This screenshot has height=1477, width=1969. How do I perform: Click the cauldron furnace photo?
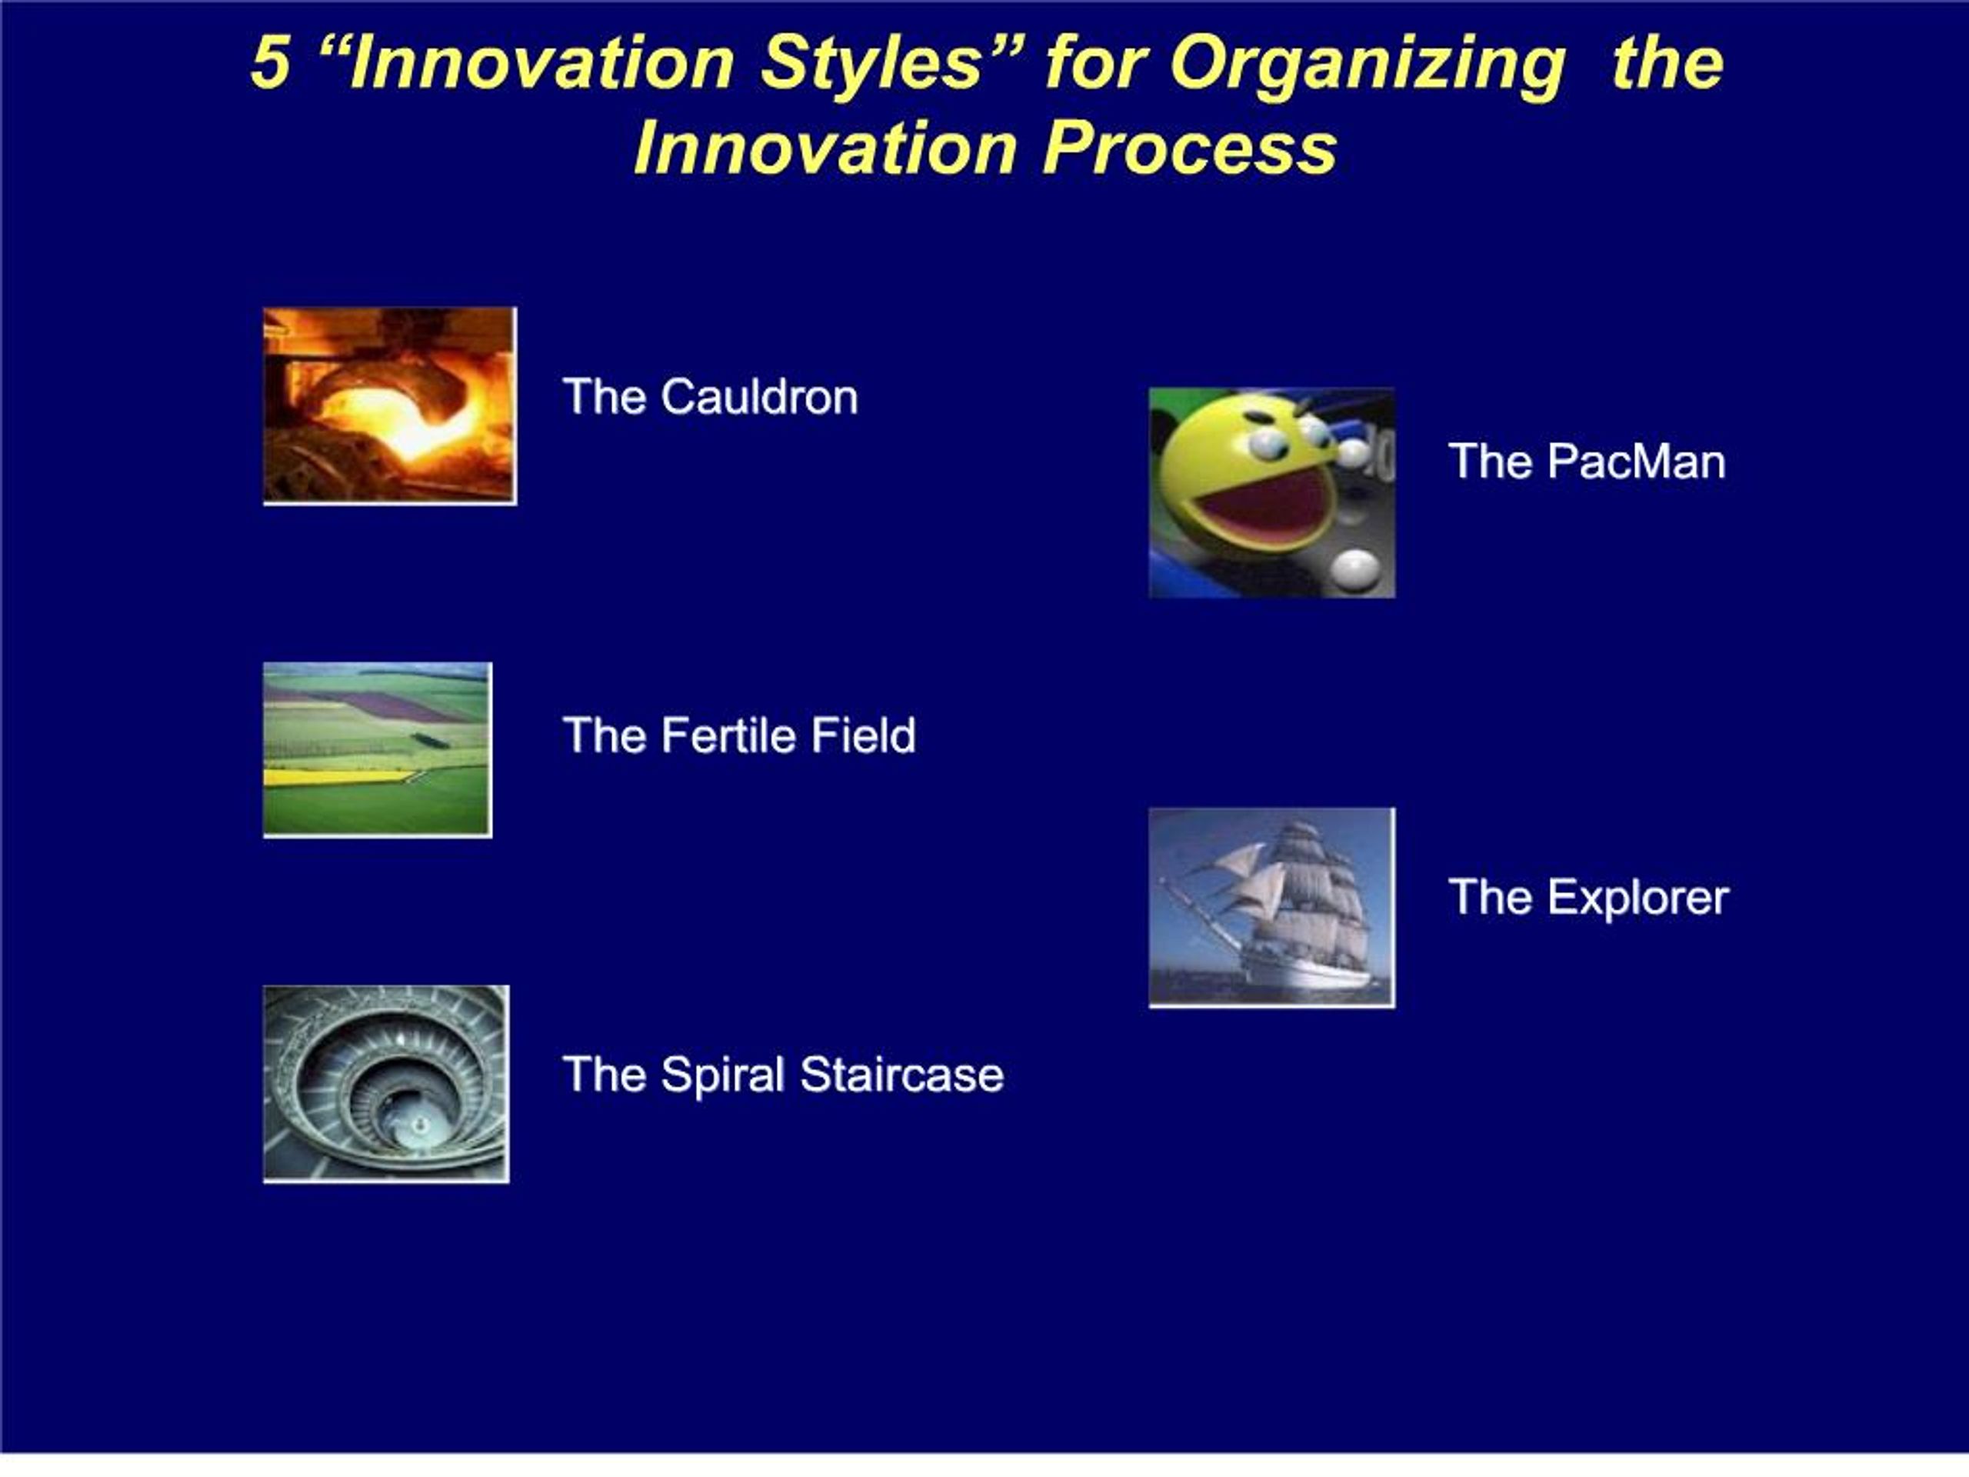[x=390, y=406]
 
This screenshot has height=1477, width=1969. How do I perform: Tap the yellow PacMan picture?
[x=1272, y=493]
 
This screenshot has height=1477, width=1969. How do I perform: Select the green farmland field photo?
[x=378, y=749]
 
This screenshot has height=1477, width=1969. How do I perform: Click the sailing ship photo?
[x=1272, y=907]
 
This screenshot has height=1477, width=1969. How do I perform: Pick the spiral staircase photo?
[x=386, y=1083]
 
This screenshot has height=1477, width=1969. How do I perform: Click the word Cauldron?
[x=759, y=397]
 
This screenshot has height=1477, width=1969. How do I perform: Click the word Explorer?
[x=1638, y=898]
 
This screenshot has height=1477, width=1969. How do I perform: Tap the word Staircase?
[x=901, y=1075]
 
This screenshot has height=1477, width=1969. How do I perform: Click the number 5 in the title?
[x=271, y=62]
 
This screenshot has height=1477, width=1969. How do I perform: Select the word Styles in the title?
[x=871, y=64]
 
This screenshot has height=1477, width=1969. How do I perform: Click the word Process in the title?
[x=1190, y=148]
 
